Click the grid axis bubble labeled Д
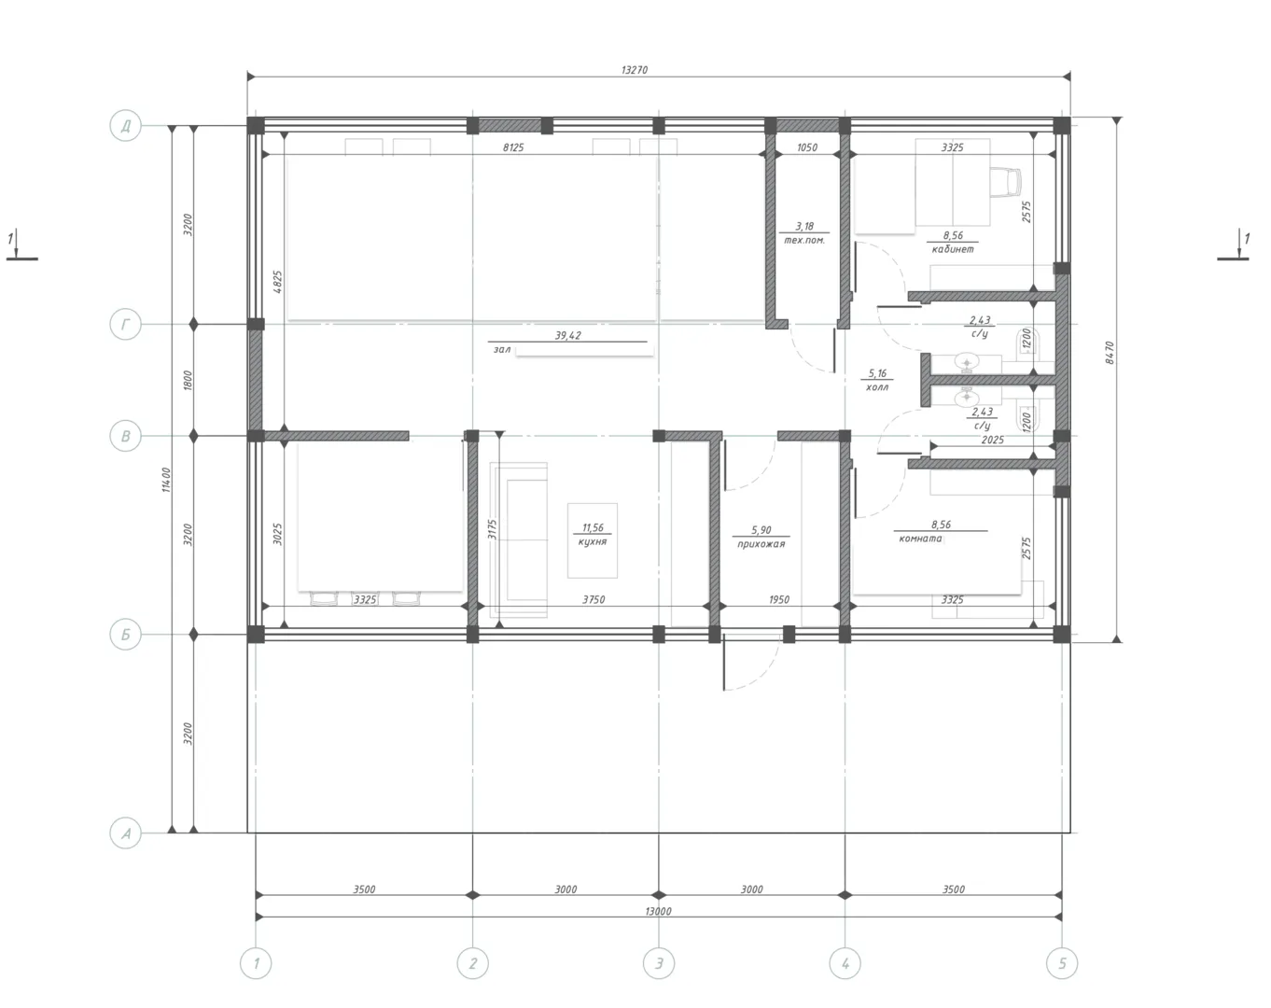[x=126, y=126]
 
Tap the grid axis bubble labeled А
[x=126, y=833]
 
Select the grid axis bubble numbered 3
[x=659, y=963]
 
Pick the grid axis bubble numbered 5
[x=1062, y=963]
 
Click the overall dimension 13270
[x=635, y=70]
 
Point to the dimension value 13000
[x=658, y=911]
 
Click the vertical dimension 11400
[x=166, y=480]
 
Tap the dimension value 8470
[x=1110, y=352]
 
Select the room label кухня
[x=593, y=541]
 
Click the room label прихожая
[x=761, y=543]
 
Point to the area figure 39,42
[x=567, y=335]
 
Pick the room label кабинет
[x=953, y=249]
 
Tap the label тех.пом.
[x=804, y=240]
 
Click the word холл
[x=877, y=387]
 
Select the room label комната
[x=920, y=539]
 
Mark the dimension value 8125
[x=513, y=147]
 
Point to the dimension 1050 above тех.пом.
[x=807, y=147]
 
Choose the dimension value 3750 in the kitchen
[x=594, y=599]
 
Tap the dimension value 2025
[x=992, y=440]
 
